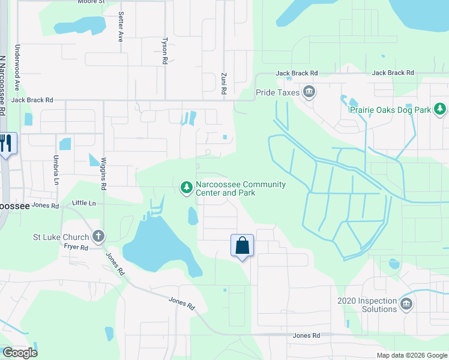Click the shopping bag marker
point(242,245)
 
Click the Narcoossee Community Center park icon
point(186,188)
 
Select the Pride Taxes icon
point(309,92)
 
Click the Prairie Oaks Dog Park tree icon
point(441,109)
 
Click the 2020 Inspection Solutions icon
point(406,304)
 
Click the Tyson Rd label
point(164,52)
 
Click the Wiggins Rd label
point(103,174)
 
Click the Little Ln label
point(84,204)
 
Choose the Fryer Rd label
point(76,247)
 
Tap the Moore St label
point(92,2)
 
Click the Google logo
point(20,353)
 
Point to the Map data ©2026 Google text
point(411,355)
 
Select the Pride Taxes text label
point(278,93)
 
